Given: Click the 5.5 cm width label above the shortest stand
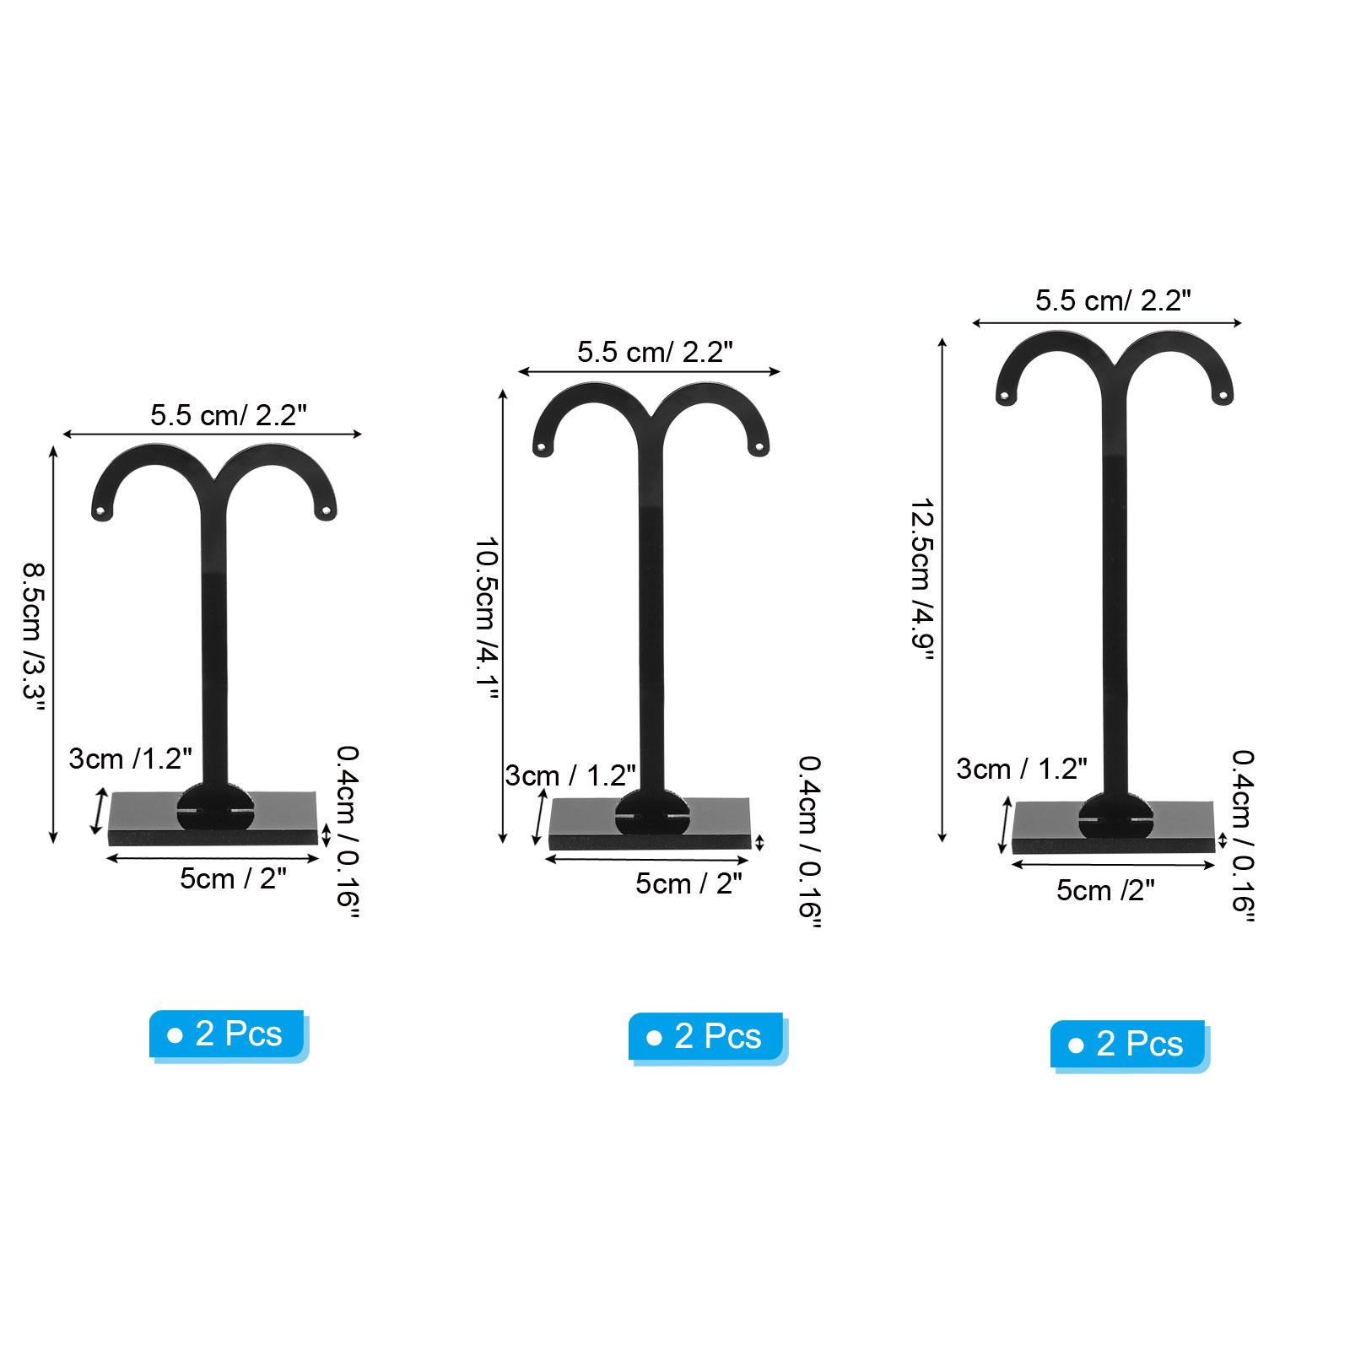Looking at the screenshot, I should [228, 415].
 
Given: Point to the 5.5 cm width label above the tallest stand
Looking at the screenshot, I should [1113, 301].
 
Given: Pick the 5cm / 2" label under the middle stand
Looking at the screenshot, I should [688, 883].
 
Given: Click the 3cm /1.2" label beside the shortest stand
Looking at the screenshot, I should [130, 759].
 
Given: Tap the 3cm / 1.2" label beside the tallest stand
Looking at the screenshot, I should [1021, 769].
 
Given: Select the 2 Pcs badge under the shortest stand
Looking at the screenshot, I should [227, 1034].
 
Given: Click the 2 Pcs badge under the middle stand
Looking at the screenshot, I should [706, 1036].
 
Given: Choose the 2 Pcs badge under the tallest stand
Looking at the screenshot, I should [1128, 1045].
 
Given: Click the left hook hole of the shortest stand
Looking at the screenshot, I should [102, 510].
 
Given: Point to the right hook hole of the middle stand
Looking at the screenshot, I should [759, 445].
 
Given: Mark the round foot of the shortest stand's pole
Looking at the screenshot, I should [214, 807].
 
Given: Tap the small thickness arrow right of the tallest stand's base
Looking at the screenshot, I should [1223, 840].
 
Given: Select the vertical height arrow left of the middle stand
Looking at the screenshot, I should [503, 616].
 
